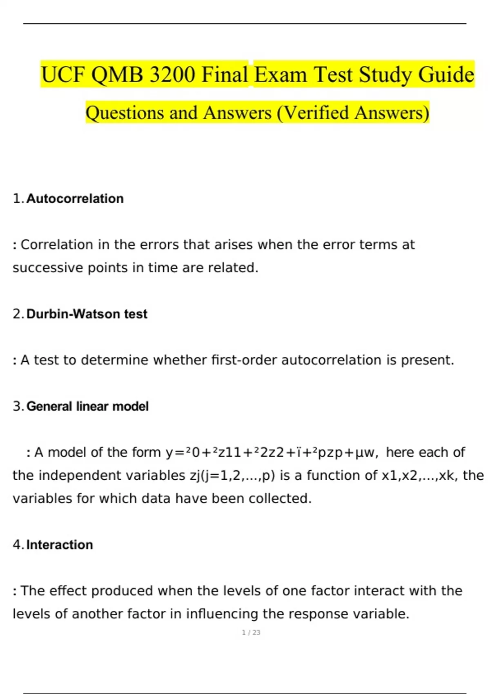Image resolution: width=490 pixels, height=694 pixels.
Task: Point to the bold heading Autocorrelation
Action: click(x=75, y=199)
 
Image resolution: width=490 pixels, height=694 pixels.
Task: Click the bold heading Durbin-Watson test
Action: click(x=87, y=314)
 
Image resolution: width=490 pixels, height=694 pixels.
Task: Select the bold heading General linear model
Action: click(x=87, y=407)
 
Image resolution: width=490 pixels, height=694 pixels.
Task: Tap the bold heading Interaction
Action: click(x=60, y=545)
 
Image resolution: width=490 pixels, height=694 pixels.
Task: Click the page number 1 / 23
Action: click(x=251, y=632)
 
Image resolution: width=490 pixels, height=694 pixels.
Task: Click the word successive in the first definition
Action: click(x=48, y=268)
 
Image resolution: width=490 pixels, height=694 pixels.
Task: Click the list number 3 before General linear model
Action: click(x=17, y=407)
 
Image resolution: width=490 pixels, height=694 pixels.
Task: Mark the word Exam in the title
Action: click(x=281, y=75)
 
